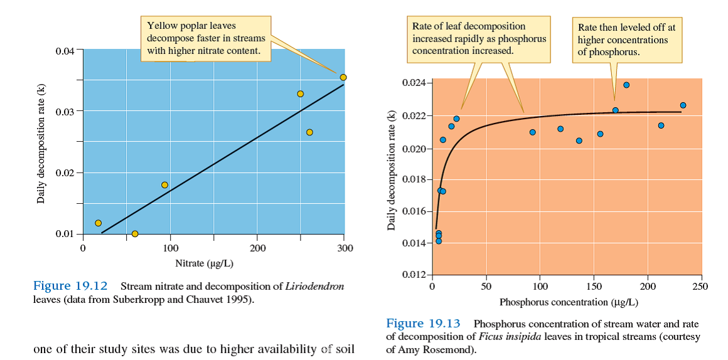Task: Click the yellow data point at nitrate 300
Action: (x=343, y=77)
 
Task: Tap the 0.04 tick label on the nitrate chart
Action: (x=65, y=50)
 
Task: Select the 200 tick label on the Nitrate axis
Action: (x=257, y=248)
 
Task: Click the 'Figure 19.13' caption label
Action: (x=423, y=324)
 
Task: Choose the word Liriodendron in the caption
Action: (x=314, y=287)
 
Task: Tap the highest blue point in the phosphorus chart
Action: (x=626, y=85)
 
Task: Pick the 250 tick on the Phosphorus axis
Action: (x=701, y=287)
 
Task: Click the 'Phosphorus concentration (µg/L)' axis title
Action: (x=569, y=302)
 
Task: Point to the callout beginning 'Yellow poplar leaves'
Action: (x=205, y=39)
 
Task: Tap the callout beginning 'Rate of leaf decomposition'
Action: (x=478, y=38)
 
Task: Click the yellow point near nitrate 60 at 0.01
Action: (x=135, y=234)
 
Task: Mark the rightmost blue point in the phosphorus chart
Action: (x=683, y=105)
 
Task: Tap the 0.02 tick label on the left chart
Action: (x=65, y=173)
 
